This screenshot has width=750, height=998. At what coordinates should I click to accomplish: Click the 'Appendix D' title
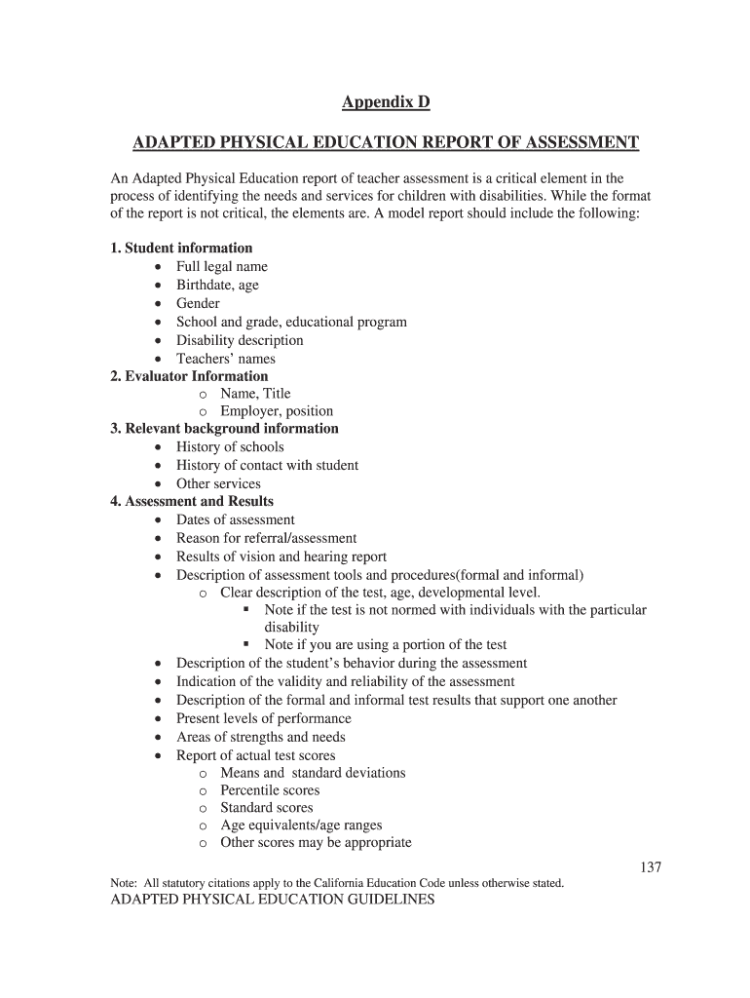click(386, 102)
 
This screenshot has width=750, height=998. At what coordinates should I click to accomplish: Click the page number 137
click(651, 866)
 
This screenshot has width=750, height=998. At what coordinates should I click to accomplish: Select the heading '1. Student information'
click(181, 249)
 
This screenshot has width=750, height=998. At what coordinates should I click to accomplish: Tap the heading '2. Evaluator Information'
click(189, 376)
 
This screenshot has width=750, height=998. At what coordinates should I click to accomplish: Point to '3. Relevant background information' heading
click(224, 429)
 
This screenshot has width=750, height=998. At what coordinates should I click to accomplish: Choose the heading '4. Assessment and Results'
click(192, 502)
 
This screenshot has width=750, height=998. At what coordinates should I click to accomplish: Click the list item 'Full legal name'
click(221, 267)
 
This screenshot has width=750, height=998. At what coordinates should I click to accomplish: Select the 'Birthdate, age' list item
click(217, 286)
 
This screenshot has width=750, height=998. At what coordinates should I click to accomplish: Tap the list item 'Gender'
click(198, 303)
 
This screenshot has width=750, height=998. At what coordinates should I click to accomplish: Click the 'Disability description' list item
click(240, 340)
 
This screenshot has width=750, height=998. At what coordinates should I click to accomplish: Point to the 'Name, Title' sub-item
click(255, 394)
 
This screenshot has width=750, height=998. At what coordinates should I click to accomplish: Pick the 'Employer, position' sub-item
click(277, 411)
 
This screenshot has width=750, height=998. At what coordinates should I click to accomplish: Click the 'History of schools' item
click(230, 447)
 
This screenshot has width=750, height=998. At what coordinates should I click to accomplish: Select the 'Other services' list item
click(218, 484)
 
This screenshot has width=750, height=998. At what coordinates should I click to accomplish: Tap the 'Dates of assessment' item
click(235, 520)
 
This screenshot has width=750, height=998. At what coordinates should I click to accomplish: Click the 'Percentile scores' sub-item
click(270, 790)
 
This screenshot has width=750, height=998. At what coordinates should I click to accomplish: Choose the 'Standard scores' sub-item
click(267, 808)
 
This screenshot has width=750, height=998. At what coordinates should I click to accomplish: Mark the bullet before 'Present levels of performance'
click(159, 719)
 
